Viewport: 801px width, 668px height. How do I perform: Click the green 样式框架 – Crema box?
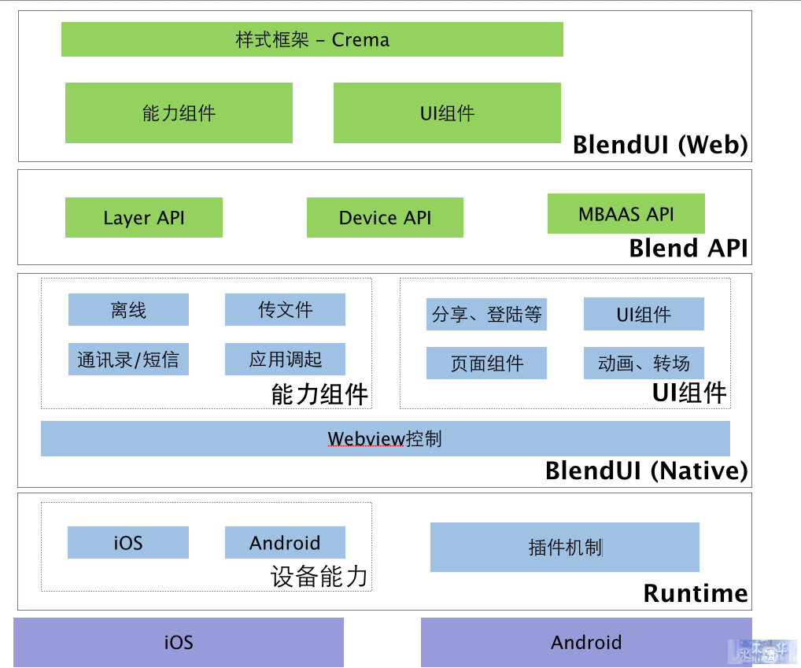tap(312, 39)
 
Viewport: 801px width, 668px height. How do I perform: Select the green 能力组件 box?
tap(179, 113)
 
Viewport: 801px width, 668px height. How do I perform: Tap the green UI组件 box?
tap(447, 113)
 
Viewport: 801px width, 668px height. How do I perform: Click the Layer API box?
tap(143, 218)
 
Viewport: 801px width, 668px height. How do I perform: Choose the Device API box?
tap(385, 218)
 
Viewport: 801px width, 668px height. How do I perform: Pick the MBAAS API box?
tap(626, 213)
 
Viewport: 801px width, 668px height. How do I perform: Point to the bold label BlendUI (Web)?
tap(660, 145)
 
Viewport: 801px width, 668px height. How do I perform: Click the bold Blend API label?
tap(688, 248)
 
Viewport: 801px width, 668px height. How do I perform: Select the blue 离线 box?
tap(128, 309)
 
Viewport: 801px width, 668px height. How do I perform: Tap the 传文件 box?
tap(285, 309)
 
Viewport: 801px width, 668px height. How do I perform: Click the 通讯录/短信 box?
tap(128, 359)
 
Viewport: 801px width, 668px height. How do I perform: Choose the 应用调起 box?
tap(285, 359)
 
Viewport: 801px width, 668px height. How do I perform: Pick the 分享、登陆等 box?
tap(486, 314)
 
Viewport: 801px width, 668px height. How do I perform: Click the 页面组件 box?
tap(486, 363)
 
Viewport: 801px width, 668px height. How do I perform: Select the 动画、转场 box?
tap(644, 363)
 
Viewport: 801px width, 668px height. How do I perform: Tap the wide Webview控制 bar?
tap(386, 439)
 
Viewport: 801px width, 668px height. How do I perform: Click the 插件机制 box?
tap(564, 547)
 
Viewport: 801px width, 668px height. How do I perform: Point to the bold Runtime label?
tap(696, 593)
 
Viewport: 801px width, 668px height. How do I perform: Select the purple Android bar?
tap(586, 643)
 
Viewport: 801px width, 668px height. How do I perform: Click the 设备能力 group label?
tap(319, 577)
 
